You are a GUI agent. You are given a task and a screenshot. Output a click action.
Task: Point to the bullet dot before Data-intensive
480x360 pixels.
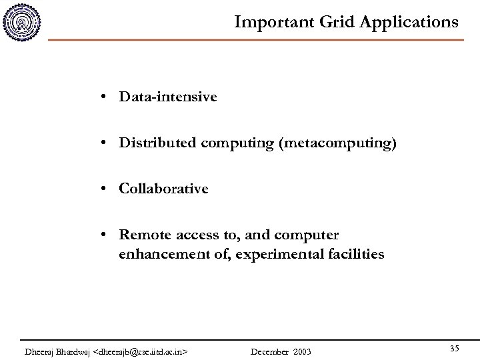click(x=106, y=97)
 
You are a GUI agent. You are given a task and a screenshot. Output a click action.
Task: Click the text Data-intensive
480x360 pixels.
click(x=167, y=97)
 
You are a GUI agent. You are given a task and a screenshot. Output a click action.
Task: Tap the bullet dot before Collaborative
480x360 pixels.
click(x=106, y=189)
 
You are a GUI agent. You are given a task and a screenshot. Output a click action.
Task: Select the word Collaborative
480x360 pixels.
click(x=163, y=189)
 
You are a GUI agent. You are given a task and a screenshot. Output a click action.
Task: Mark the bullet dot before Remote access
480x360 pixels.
click(x=106, y=235)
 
